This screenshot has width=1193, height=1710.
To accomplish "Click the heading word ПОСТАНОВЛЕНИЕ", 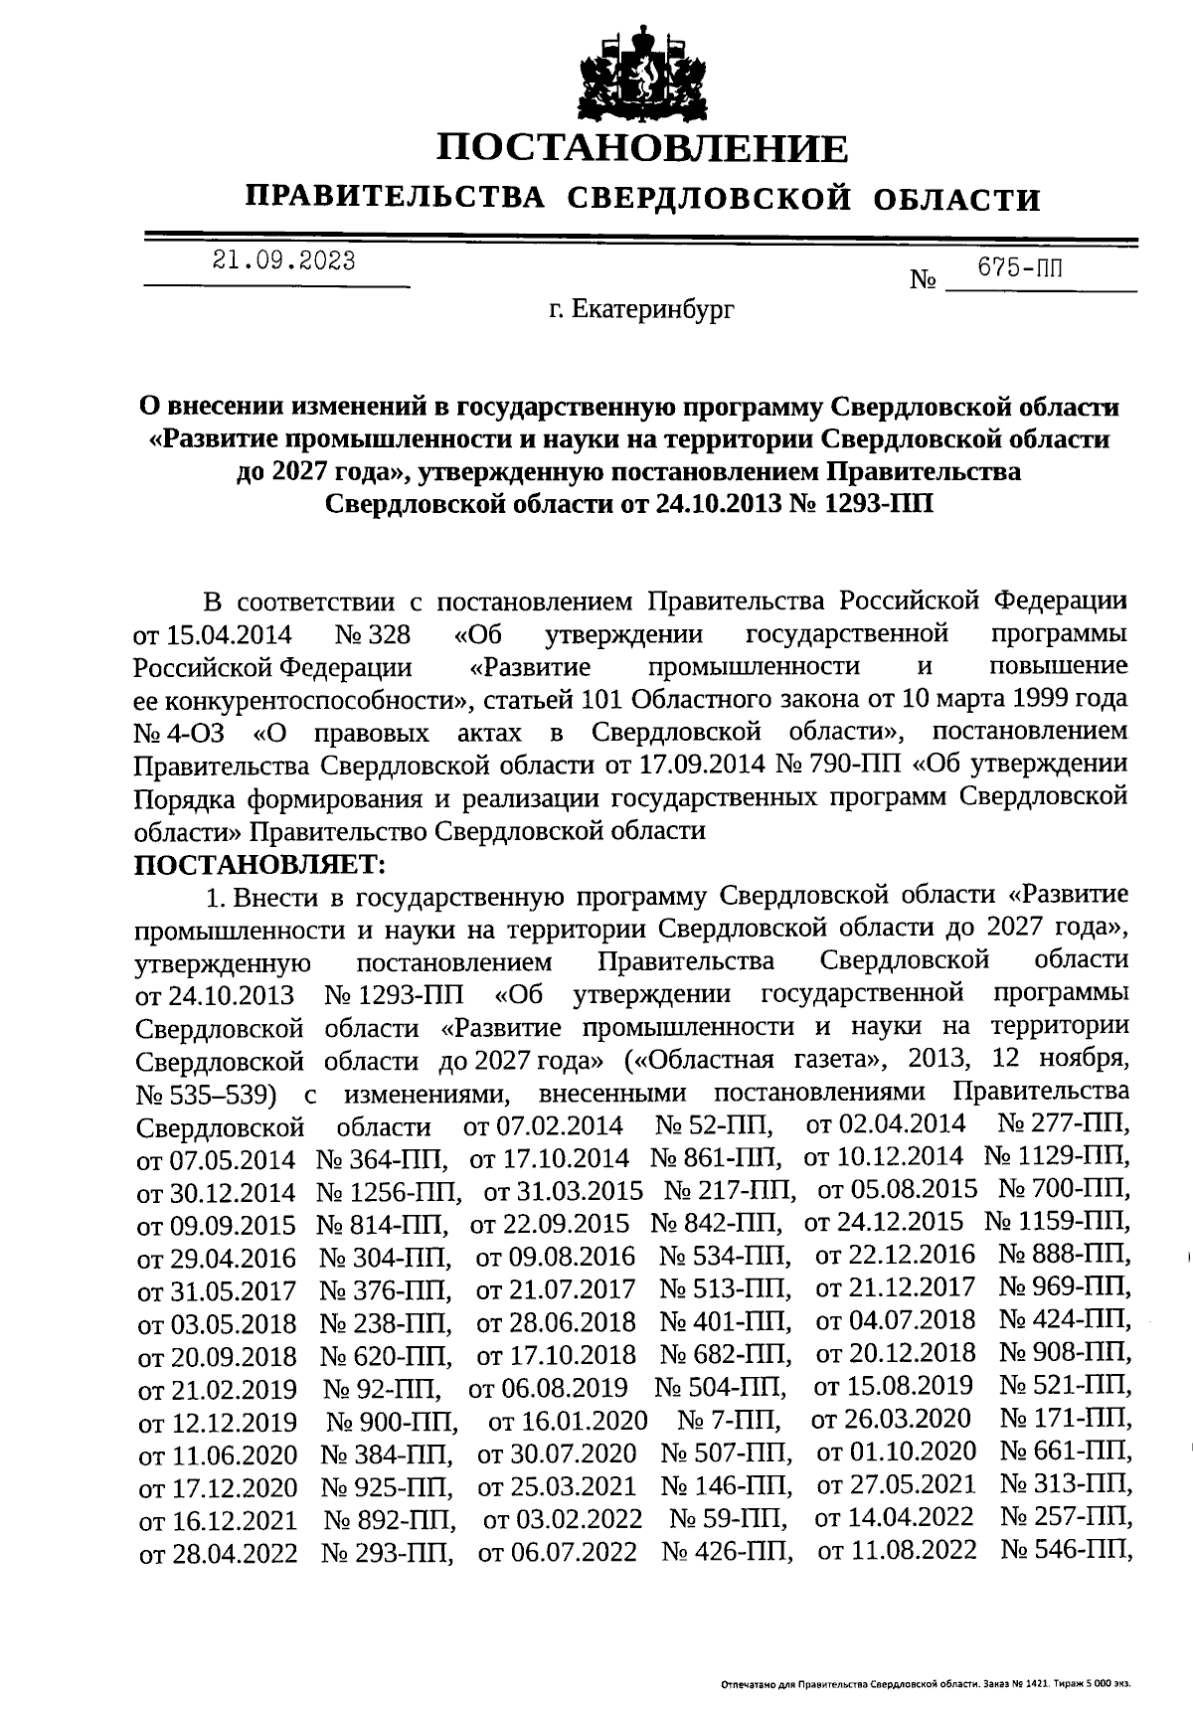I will [x=643, y=149].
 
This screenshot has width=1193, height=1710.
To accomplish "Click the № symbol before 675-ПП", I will [x=924, y=280].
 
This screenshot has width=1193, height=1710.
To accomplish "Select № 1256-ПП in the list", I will [x=389, y=1191].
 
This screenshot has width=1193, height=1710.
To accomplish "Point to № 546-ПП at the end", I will [x=1065, y=1550].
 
